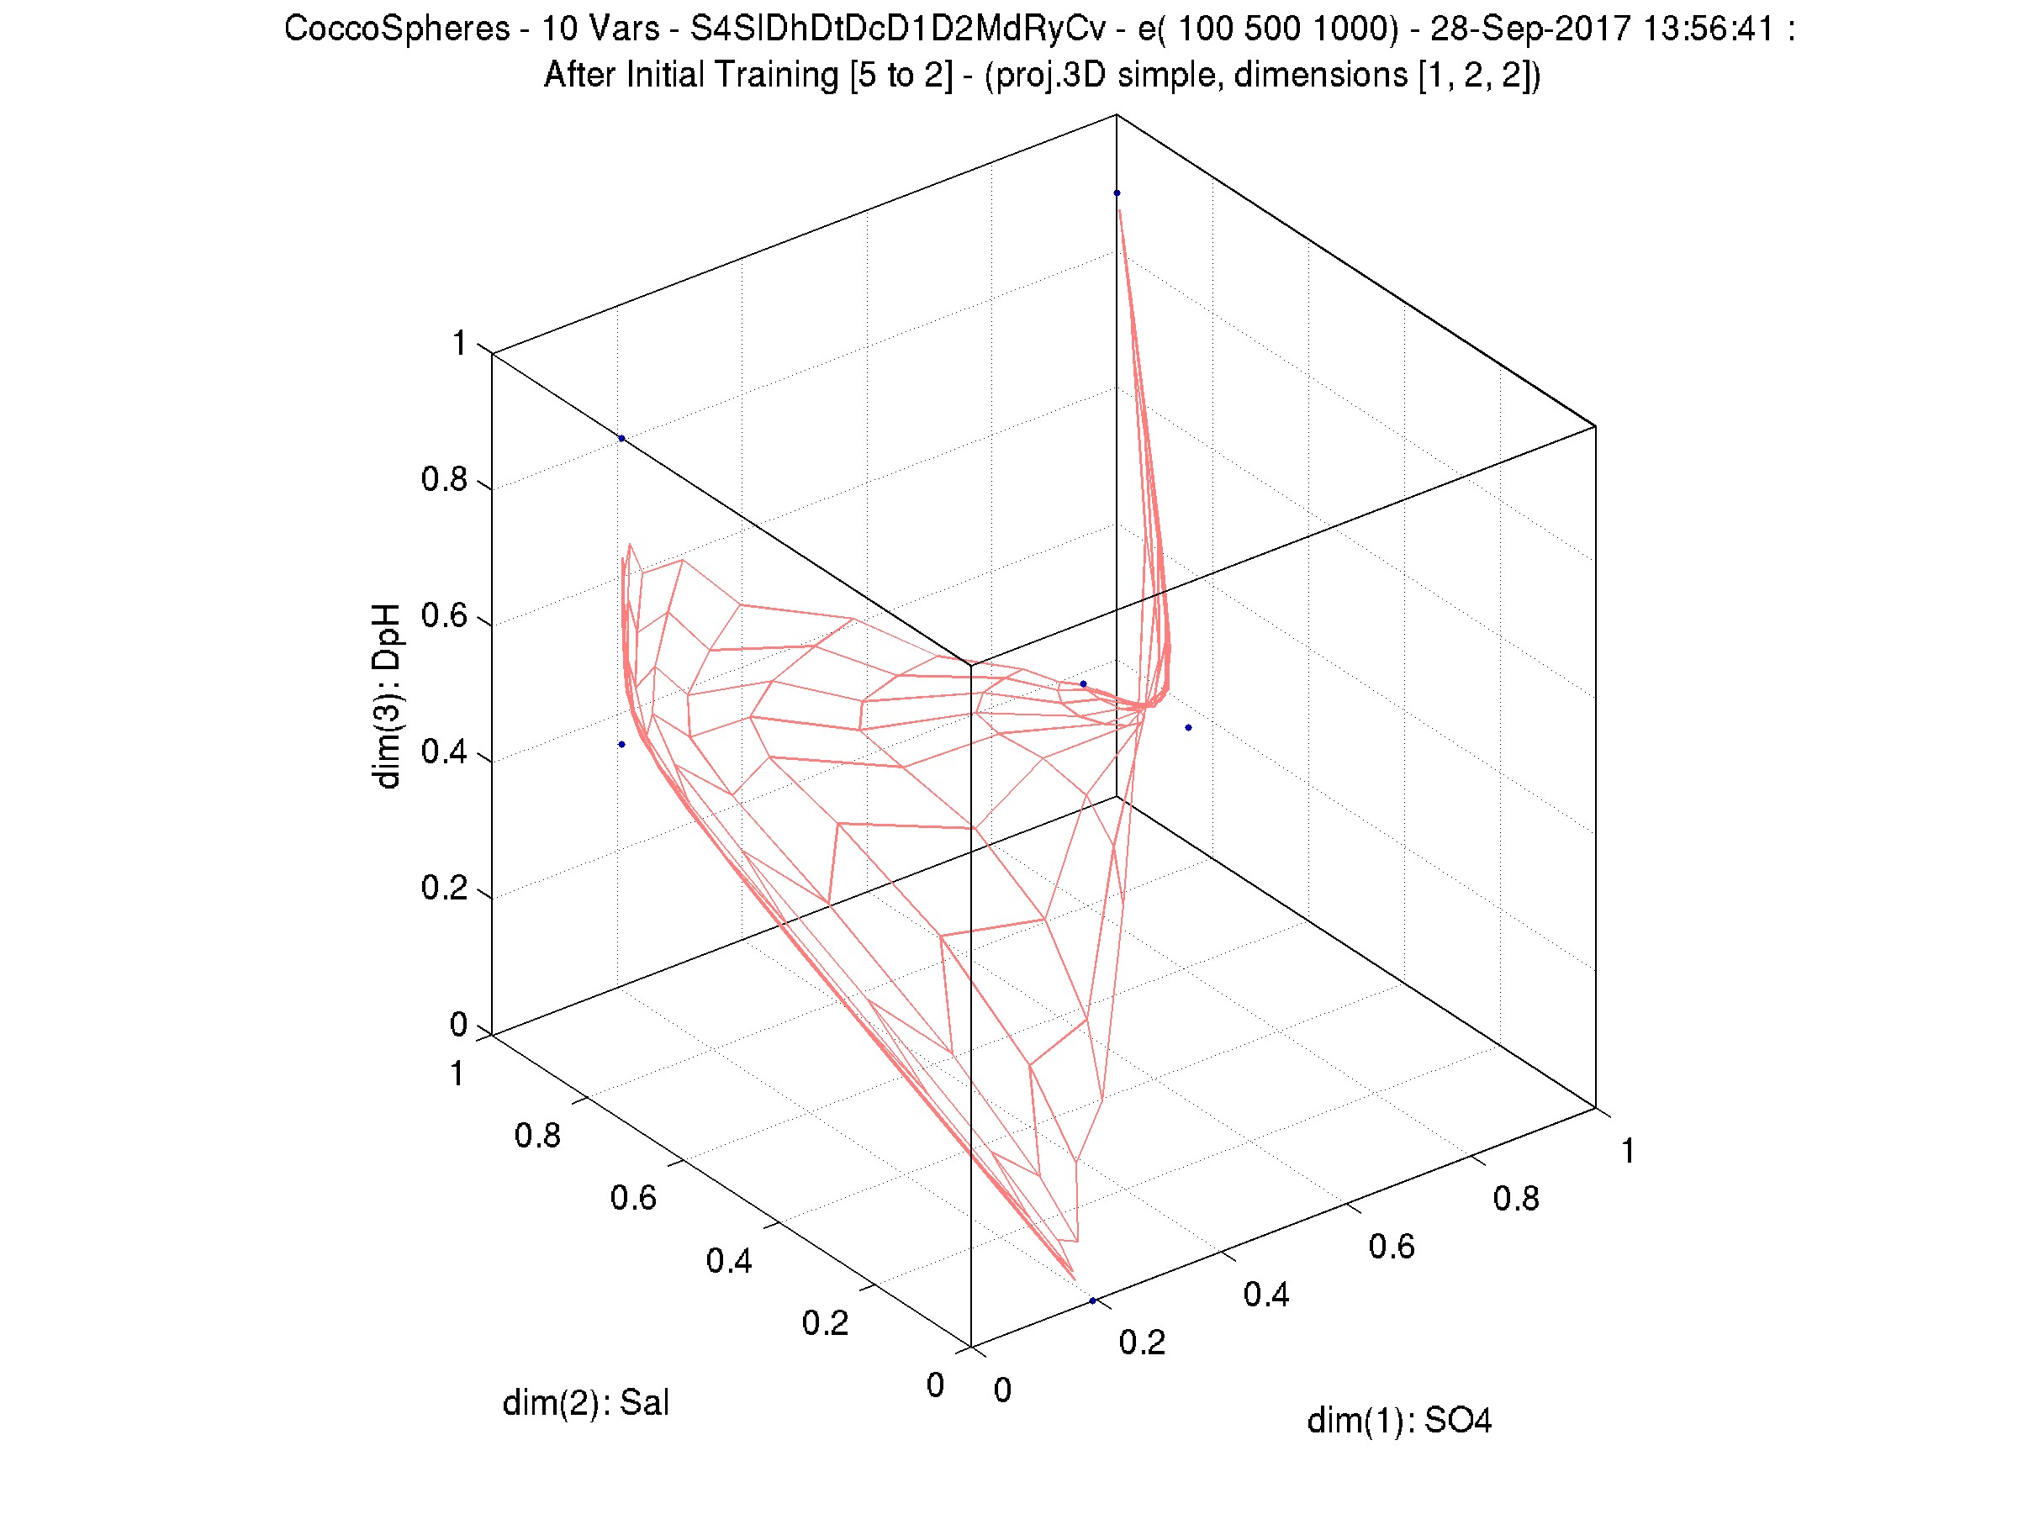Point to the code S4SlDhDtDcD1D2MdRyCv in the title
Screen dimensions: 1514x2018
coord(897,29)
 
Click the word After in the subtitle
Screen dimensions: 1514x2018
coord(578,75)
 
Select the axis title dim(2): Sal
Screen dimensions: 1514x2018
coord(586,1403)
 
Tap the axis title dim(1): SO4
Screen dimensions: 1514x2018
coord(1398,1421)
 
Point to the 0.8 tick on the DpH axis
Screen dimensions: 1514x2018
coord(444,480)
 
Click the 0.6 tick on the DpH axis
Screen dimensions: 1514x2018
coord(444,616)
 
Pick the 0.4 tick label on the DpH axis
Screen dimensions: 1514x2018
coord(444,752)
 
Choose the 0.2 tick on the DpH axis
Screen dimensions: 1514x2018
coord(444,889)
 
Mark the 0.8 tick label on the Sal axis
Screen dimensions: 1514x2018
coord(537,1136)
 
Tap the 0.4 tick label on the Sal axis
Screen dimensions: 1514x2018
coord(729,1261)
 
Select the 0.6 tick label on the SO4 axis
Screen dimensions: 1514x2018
coord(1392,1247)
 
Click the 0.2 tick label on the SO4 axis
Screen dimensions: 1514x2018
coord(1142,1343)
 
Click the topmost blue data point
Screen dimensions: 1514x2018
coord(1117,193)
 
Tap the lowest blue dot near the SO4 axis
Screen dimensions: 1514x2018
coord(1093,1300)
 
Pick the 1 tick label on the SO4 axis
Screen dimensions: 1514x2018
coord(1628,1152)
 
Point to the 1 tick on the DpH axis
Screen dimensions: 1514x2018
coord(460,344)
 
